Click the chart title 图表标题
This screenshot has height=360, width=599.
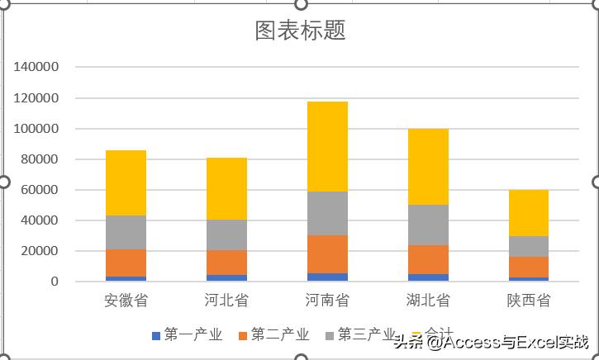pyautogui.click(x=300, y=31)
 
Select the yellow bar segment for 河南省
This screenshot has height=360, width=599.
pyautogui.click(x=327, y=146)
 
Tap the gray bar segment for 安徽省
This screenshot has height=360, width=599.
pyautogui.click(x=126, y=232)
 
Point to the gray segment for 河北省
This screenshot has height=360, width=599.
pyautogui.click(x=226, y=234)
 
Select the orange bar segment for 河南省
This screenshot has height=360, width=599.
pyautogui.click(x=327, y=253)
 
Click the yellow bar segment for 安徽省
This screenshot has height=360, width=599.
pyautogui.click(x=126, y=182)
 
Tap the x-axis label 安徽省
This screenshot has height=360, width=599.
pyautogui.click(x=126, y=300)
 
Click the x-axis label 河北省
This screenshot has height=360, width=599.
pyautogui.click(x=226, y=300)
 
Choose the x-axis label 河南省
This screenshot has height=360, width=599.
pyautogui.click(x=327, y=300)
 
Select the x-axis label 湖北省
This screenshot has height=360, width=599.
pyautogui.click(x=428, y=300)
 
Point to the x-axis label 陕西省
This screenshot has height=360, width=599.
pyautogui.click(x=529, y=300)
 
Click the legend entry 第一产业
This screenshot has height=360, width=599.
pyautogui.click(x=188, y=334)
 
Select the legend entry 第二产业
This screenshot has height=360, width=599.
pyautogui.click(x=274, y=334)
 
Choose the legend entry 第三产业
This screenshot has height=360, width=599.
pyautogui.click(x=361, y=334)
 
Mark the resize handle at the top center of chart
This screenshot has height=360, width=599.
pyautogui.click(x=301, y=3)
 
